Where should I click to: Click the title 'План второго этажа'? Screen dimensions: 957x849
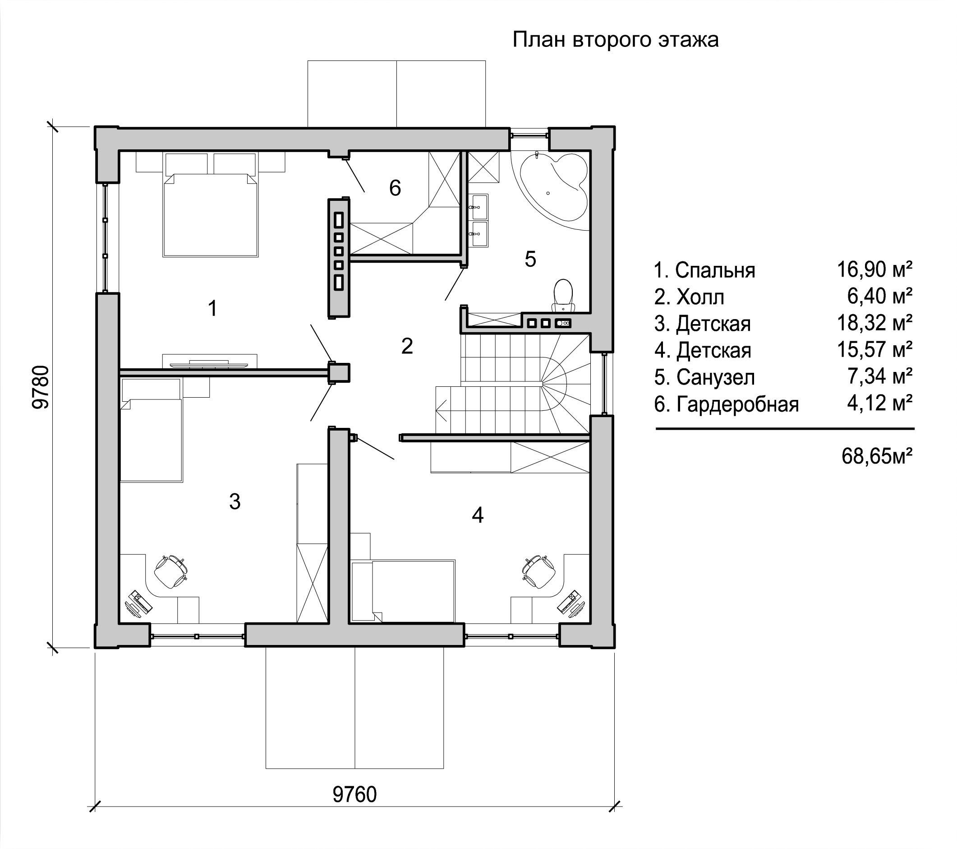click(615, 40)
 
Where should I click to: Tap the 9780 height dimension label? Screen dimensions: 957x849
click(41, 387)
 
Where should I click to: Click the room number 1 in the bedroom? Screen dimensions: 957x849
click(212, 309)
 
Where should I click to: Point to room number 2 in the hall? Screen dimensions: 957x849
click(407, 346)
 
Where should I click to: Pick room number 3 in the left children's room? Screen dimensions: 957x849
click(235, 501)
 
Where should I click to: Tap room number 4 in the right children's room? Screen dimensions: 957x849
click(477, 515)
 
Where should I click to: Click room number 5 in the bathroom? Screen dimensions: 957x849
click(530, 259)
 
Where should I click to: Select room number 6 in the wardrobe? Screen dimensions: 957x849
click(395, 188)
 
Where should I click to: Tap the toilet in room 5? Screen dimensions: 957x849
click(563, 296)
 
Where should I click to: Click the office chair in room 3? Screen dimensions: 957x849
click(170, 571)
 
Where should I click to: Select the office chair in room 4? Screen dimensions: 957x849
click(539, 571)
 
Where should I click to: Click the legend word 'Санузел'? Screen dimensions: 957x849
click(715, 378)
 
